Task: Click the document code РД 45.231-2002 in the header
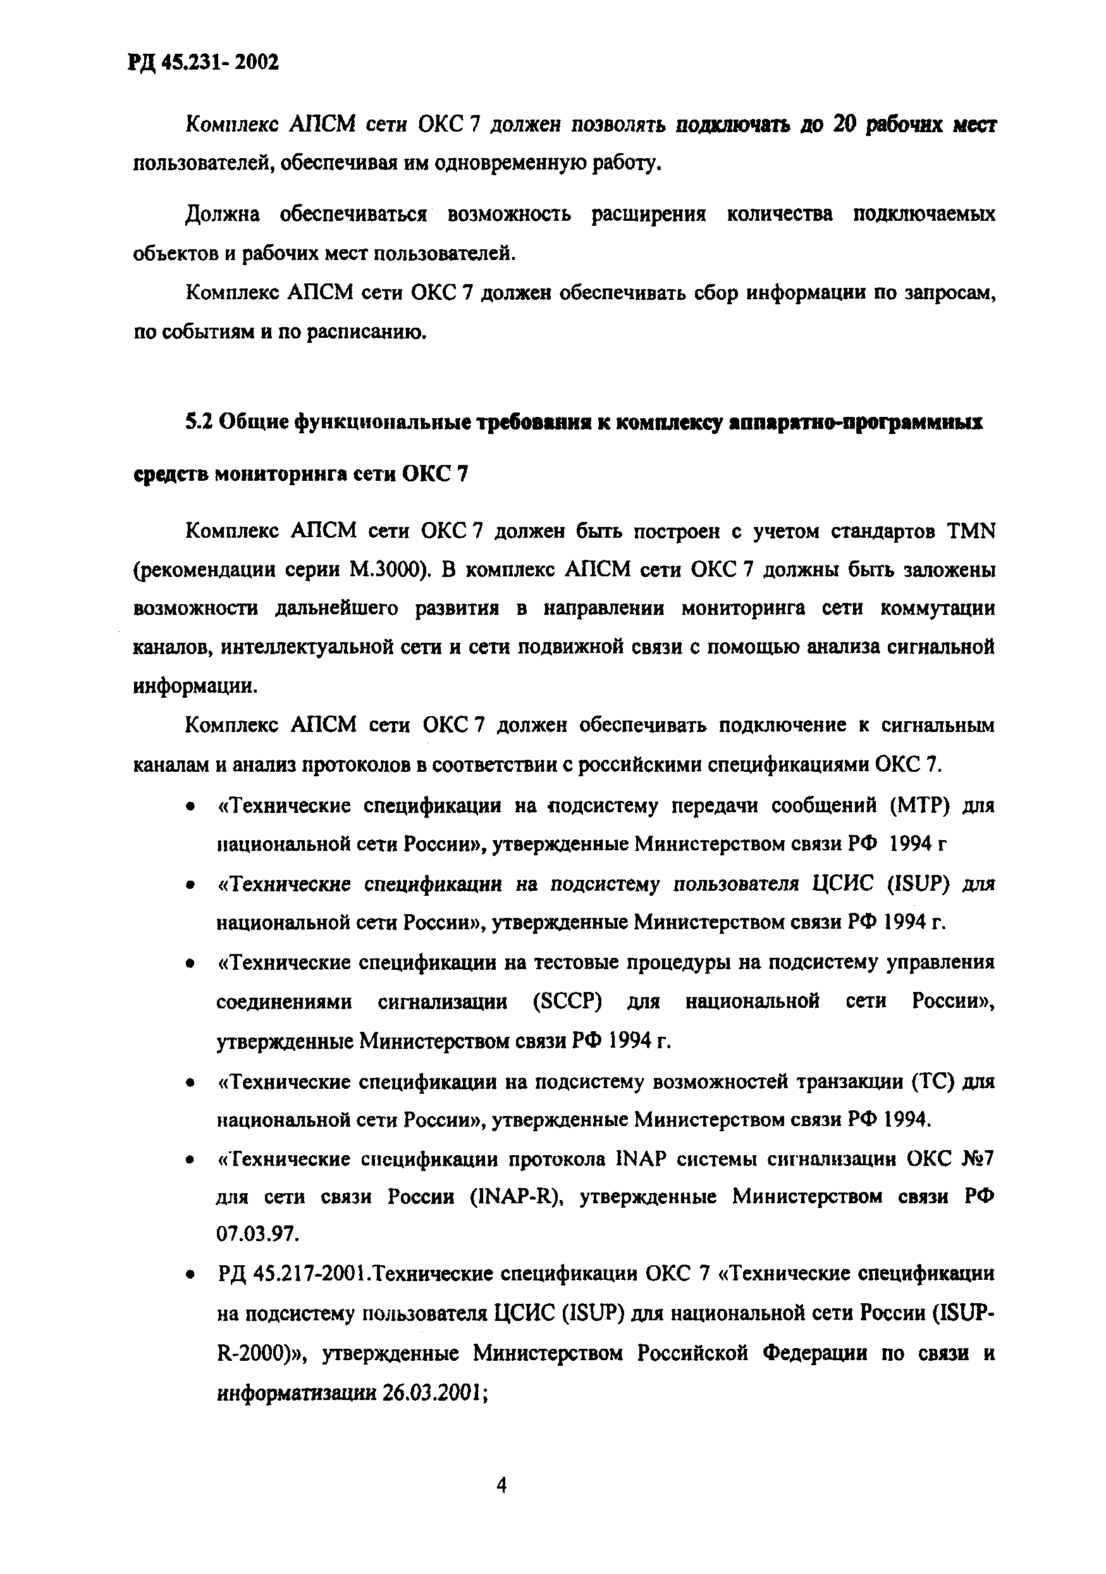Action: coord(204,63)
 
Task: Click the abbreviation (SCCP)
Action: coord(567,1001)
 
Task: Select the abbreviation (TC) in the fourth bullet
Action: coord(933,1082)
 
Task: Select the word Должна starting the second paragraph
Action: coord(222,214)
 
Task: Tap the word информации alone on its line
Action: coord(195,686)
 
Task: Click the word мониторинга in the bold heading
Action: coord(281,474)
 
